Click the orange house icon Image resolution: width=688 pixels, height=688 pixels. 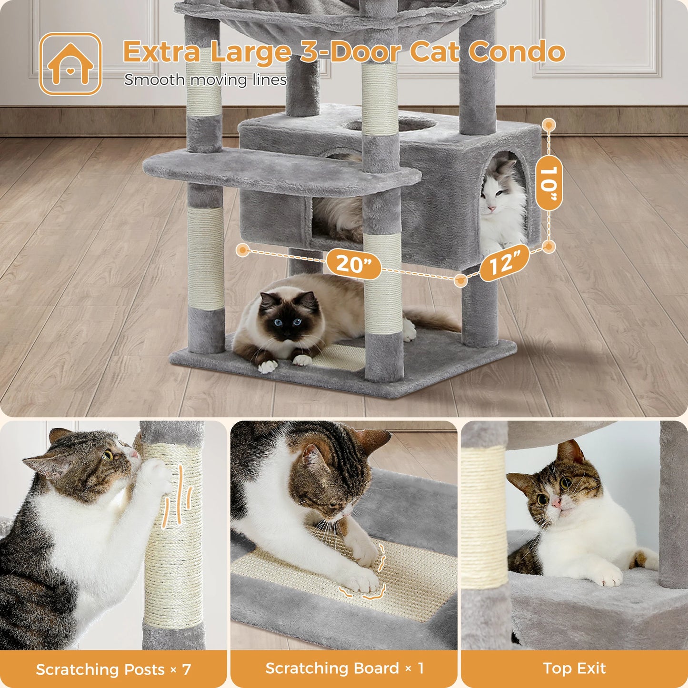tap(70, 64)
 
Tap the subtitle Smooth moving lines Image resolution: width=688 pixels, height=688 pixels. tap(205, 80)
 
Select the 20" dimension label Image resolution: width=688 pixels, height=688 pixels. tap(353, 263)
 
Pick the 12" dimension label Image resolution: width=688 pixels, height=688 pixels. tap(504, 263)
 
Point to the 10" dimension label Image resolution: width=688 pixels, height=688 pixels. tap(548, 183)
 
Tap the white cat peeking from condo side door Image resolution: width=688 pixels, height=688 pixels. tap(500, 200)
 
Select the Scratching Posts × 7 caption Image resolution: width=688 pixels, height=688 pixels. tap(113, 669)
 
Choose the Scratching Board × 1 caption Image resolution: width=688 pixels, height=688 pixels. tap(344, 668)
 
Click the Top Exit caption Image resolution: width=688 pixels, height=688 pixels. tap(574, 668)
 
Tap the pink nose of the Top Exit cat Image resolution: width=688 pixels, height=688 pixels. tap(555, 503)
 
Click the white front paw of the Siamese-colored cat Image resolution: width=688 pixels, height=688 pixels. tap(268, 366)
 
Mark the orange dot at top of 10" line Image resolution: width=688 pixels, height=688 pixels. tap(549, 125)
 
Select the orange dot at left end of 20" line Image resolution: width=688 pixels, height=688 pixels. tap(243, 250)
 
